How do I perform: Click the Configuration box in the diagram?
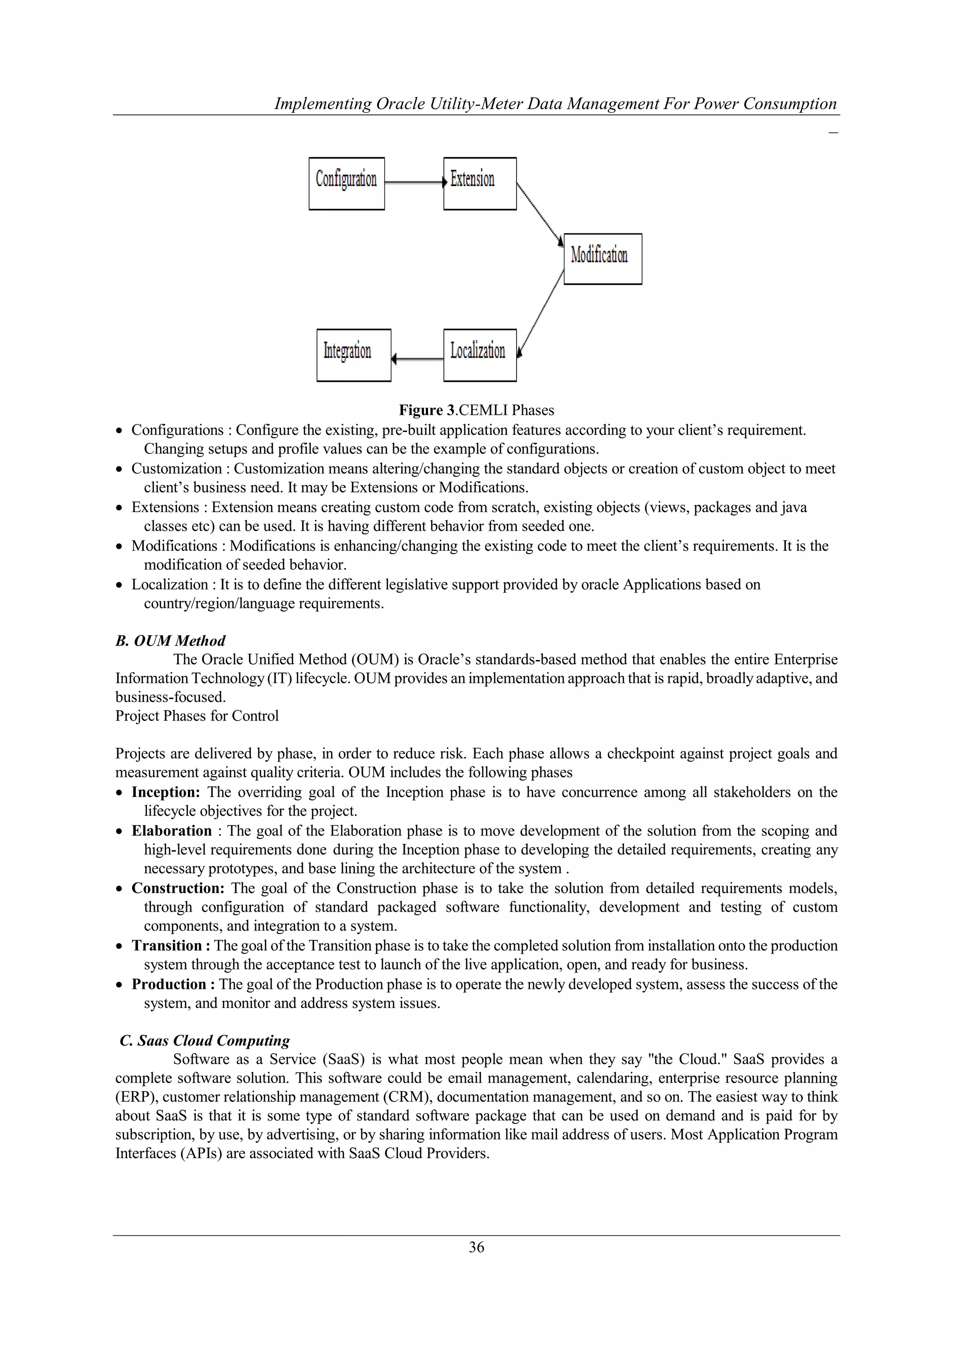pyautogui.click(x=346, y=184)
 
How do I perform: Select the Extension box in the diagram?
pyautogui.click(x=479, y=184)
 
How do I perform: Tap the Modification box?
pyautogui.click(x=603, y=259)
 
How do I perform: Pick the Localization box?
pyautogui.click(x=479, y=355)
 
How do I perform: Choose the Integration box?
pyautogui.click(x=353, y=355)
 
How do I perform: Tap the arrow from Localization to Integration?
pyautogui.click(x=417, y=359)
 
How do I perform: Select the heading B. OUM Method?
pyautogui.click(x=170, y=640)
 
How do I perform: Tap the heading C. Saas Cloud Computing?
pyautogui.click(x=205, y=1040)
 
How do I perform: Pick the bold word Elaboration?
pyautogui.click(x=171, y=831)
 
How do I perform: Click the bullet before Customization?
pyautogui.click(x=119, y=469)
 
